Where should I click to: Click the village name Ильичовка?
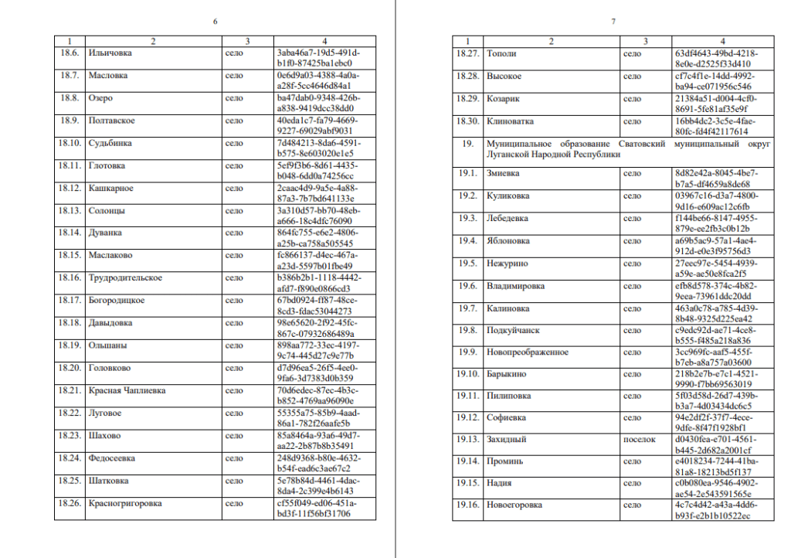tap(110, 53)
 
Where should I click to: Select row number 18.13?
tap(70, 210)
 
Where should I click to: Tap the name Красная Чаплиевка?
tap(127, 390)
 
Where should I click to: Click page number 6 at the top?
tap(215, 21)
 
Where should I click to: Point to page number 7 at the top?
tap(613, 21)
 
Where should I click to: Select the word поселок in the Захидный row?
tap(640, 439)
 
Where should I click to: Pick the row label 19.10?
tap(468, 373)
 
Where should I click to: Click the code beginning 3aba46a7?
tap(317, 53)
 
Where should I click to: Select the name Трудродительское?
tap(125, 277)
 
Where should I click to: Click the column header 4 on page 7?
tap(722, 41)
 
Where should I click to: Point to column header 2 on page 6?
tap(153, 40)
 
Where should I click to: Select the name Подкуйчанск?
tap(513, 330)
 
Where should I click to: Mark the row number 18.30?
tap(468, 121)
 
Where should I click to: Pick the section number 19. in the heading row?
tap(467, 144)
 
